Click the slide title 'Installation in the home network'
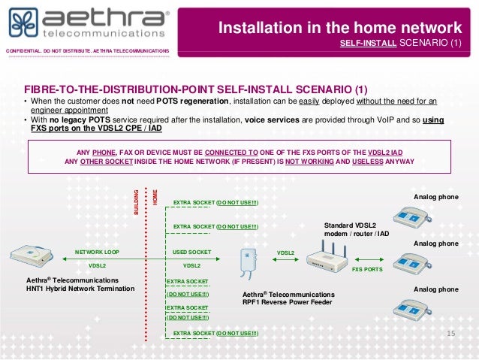click(x=340, y=28)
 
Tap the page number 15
click(x=451, y=331)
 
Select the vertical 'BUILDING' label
click(x=136, y=202)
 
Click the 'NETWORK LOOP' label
click(x=98, y=253)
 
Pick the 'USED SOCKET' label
click(x=191, y=253)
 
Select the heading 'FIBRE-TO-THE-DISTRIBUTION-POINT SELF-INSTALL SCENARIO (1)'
click(x=196, y=88)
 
